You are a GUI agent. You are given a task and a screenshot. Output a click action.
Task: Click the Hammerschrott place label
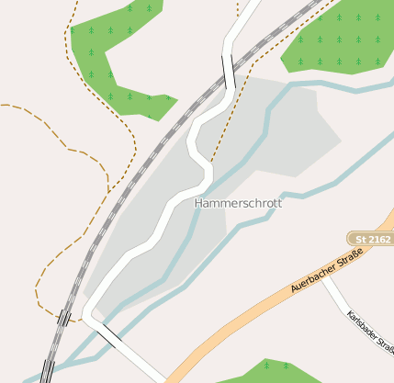click(x=238, y=202)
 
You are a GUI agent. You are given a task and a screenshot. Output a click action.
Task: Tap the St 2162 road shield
click(x=371, y=238)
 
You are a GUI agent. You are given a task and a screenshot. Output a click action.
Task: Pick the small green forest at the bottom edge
click(x=266, y=371)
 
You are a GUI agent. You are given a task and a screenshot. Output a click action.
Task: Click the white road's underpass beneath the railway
click(x=228, y=71)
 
